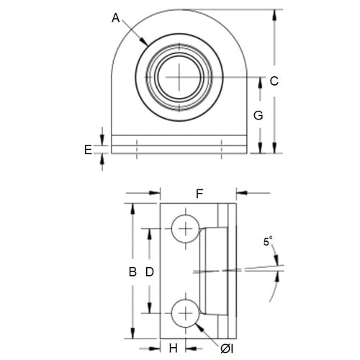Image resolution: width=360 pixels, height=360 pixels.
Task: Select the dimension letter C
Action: [x=274, y=81]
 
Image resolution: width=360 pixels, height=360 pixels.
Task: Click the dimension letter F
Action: [x=199, y=193]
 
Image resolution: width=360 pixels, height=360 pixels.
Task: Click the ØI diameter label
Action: [x=227, y=348]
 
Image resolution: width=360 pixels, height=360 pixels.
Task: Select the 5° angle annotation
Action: [x=268, y=243]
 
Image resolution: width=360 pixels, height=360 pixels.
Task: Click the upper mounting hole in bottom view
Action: [x=186, y=229]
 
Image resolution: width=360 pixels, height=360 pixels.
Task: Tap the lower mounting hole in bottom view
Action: [x=186, y=315]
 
